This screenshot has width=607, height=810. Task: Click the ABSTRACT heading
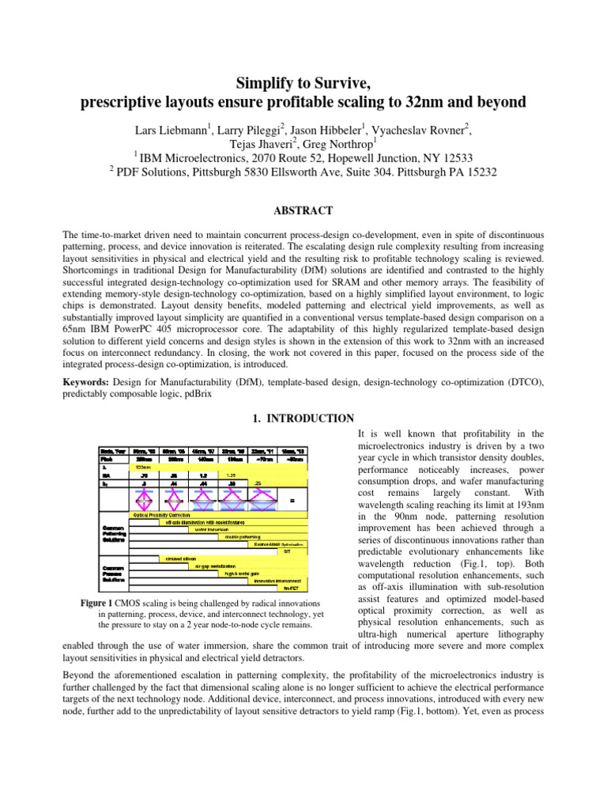click(x=303, y=210)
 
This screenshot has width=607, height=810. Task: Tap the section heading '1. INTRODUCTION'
click(x=303, y=418)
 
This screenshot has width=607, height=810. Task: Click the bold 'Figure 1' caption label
click(x=102, y=603)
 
